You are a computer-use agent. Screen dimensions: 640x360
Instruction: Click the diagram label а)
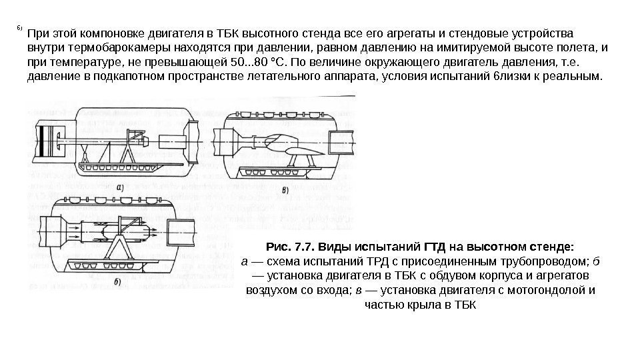point(120,188)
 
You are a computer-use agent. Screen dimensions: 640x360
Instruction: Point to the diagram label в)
point(285,191)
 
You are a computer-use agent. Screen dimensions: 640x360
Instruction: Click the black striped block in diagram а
point(44,142)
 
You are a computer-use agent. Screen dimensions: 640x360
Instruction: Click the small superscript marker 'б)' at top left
point(20,29)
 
